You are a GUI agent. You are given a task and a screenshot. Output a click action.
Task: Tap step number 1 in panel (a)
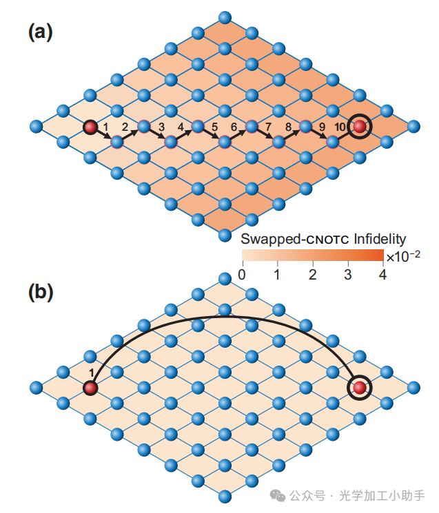(x=105, y=127)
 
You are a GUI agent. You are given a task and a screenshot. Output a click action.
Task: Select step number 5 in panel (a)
(x=214, y=127)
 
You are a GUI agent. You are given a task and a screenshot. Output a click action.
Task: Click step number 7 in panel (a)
(x=269, y=127)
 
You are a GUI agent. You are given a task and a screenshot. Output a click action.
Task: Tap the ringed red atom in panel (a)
(x=359, y=126)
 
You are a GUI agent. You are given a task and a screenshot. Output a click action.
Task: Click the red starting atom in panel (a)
(x=90, y=127)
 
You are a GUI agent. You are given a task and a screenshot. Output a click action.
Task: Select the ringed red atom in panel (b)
(x=359, y=388)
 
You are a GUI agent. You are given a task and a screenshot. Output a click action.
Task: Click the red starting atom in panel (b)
(x=90, y=388)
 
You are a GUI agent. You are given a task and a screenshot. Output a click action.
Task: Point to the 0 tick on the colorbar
(x=241, y=275)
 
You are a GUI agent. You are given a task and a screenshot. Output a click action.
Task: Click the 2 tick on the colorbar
(x=313, y=275)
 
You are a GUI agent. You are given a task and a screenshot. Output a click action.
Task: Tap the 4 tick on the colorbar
(x=383, y=275)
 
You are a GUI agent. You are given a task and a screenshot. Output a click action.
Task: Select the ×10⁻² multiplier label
(x=403, y=256)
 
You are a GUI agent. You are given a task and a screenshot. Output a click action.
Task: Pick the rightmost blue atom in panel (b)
(x=413, y=388)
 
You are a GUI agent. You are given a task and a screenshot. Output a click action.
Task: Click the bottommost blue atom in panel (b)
(x=224, y=496)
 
